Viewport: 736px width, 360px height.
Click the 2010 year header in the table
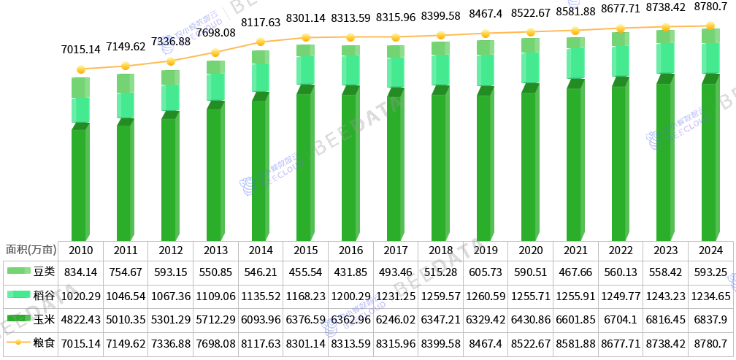pyautogui.click(x=80, y=250)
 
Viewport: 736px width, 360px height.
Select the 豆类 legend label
pyautogui.click(x=44, y=272)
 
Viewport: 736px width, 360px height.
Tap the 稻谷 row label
pyautogui.click(x=44, y=296)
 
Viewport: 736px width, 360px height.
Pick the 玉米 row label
pyautogui.click(x=44, y=319)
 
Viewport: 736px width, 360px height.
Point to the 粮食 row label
pyautogui.click(x=44, y=342)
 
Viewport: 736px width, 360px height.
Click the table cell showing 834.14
pyautogui.click(x=80, y=272)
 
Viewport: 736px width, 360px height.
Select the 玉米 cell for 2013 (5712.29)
pyautogui.click(x=215, y=319)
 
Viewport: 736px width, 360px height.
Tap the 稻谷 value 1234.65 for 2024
pyautogui.click(x=710, y=296)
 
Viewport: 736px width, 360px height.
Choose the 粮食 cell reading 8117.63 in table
pyautogui.click(x=261, y=342)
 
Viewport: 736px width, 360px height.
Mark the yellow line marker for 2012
pyautogui.click(x=171, y=62)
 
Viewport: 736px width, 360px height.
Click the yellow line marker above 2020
pyautogui.click(x=531, y=32)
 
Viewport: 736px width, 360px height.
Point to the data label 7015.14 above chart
pyautogui.click(x=80, y=50)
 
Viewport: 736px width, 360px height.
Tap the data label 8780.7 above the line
pyautogui.click(x=710, y=7)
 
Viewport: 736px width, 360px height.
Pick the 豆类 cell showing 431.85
pyautogui.click(x=350, y=272)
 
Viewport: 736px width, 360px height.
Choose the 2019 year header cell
pyautogui.click(x=486, y=250)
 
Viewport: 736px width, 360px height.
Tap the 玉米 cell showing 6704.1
pyautogui.click(x=621, y=319)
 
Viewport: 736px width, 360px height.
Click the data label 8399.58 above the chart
pyautogui.click(x=441, y=15)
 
